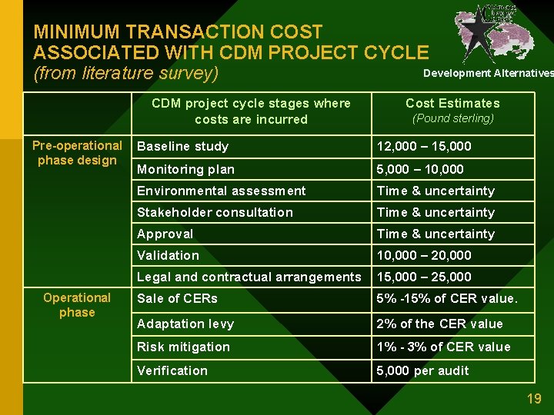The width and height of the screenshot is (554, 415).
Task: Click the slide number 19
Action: click(534, 399)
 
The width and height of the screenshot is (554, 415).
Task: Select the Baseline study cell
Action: click(182, 146)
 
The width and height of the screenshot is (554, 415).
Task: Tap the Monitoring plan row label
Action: click(185, 169)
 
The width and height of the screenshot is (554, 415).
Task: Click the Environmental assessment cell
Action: click(221, 191)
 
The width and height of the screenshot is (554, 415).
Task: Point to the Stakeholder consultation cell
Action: click(215, 212)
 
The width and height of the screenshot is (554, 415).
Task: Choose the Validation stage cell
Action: click(168, 255)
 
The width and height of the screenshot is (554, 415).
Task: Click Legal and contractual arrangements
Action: click(249, 277)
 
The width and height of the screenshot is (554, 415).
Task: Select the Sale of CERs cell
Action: click(177, 298)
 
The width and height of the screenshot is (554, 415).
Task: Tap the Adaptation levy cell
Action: click(185, 324)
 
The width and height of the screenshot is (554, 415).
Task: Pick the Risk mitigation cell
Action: click(183, 347)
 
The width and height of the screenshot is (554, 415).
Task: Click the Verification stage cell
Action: click(172, 370)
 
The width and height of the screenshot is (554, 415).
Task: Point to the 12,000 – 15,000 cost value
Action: click(424, 146)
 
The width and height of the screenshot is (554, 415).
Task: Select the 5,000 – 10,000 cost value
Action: click(420, 169)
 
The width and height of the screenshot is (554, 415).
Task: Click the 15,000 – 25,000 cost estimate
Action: click(424, 277)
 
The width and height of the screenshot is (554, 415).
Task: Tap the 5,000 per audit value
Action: click(422, 370)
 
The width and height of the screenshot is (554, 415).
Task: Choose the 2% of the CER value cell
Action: click(439, 324)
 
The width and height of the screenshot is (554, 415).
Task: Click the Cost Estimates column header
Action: click(452, 103)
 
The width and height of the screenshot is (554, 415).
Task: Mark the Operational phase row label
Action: click(77, 305)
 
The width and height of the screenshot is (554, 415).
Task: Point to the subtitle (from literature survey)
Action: click(126, 74)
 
